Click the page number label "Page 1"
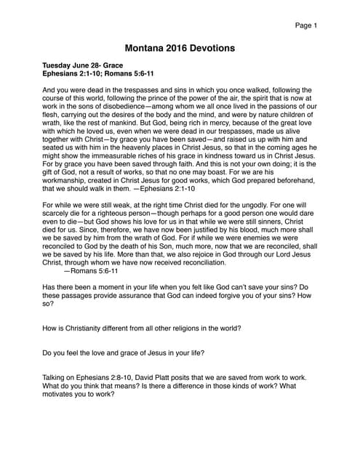pos(306,26)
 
